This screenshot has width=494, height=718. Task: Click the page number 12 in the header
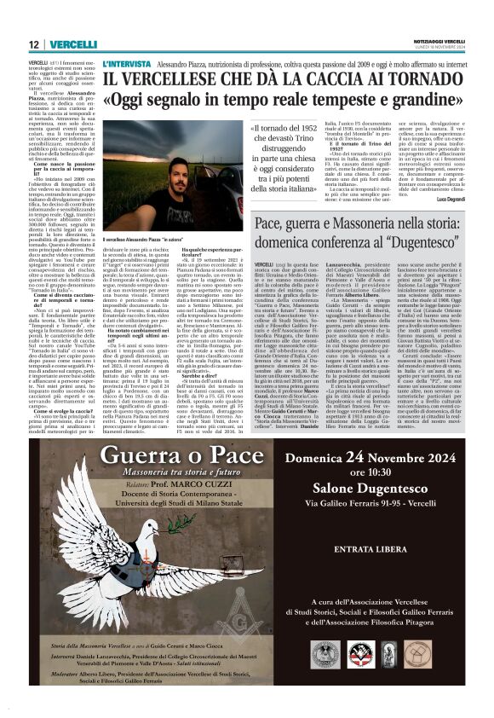click(x=33, y=43)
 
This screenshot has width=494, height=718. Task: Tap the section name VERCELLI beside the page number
click(x=71, y=43)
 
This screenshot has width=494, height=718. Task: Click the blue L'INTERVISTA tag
click(x=126, y=64)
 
